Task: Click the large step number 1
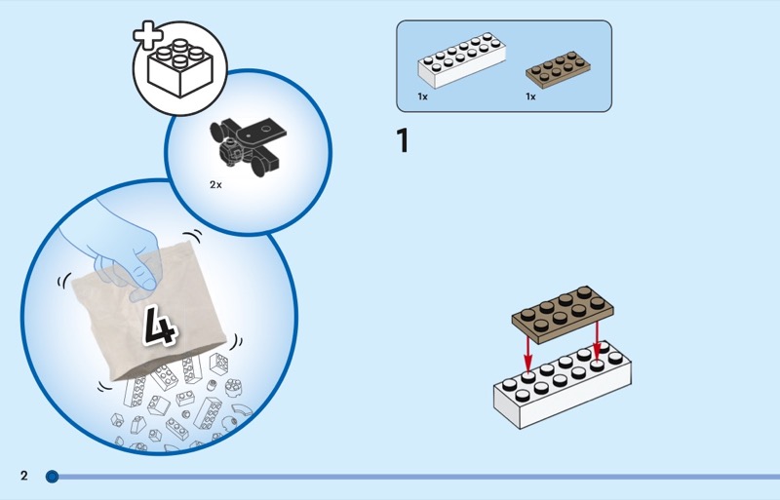point(403,140)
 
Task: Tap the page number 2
point(24,476)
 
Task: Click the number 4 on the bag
point(160,325)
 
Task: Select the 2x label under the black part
point(215,184)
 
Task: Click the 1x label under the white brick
point(422,96)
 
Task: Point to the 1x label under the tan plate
point(530,96)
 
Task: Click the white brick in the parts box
point(461,60)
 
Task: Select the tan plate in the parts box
point(558,69)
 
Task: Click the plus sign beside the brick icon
point(148,35)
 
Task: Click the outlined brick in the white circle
point(180,68)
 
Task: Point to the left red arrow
point(527,353)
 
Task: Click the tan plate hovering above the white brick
point(563,314)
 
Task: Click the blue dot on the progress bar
point(52,477)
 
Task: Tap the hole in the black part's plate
point(266,129)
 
